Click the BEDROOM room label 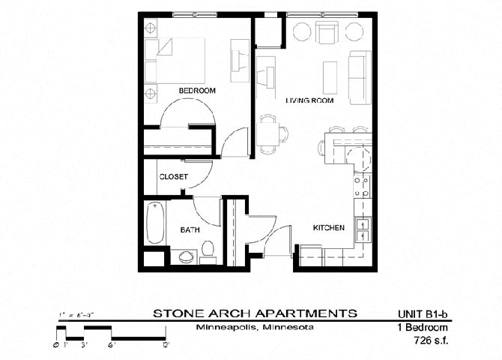(197, 91)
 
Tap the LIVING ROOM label (309, 100)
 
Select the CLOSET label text (172, 177)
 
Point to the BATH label (189, 230)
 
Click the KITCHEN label (328, 227)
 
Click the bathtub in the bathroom (155, 223)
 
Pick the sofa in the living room (360, 73)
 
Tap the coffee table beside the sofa (330, 76)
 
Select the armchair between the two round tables (327, 33)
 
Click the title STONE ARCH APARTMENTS (255, 313)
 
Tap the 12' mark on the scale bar (166, 345)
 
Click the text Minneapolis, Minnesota (254, 328)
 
